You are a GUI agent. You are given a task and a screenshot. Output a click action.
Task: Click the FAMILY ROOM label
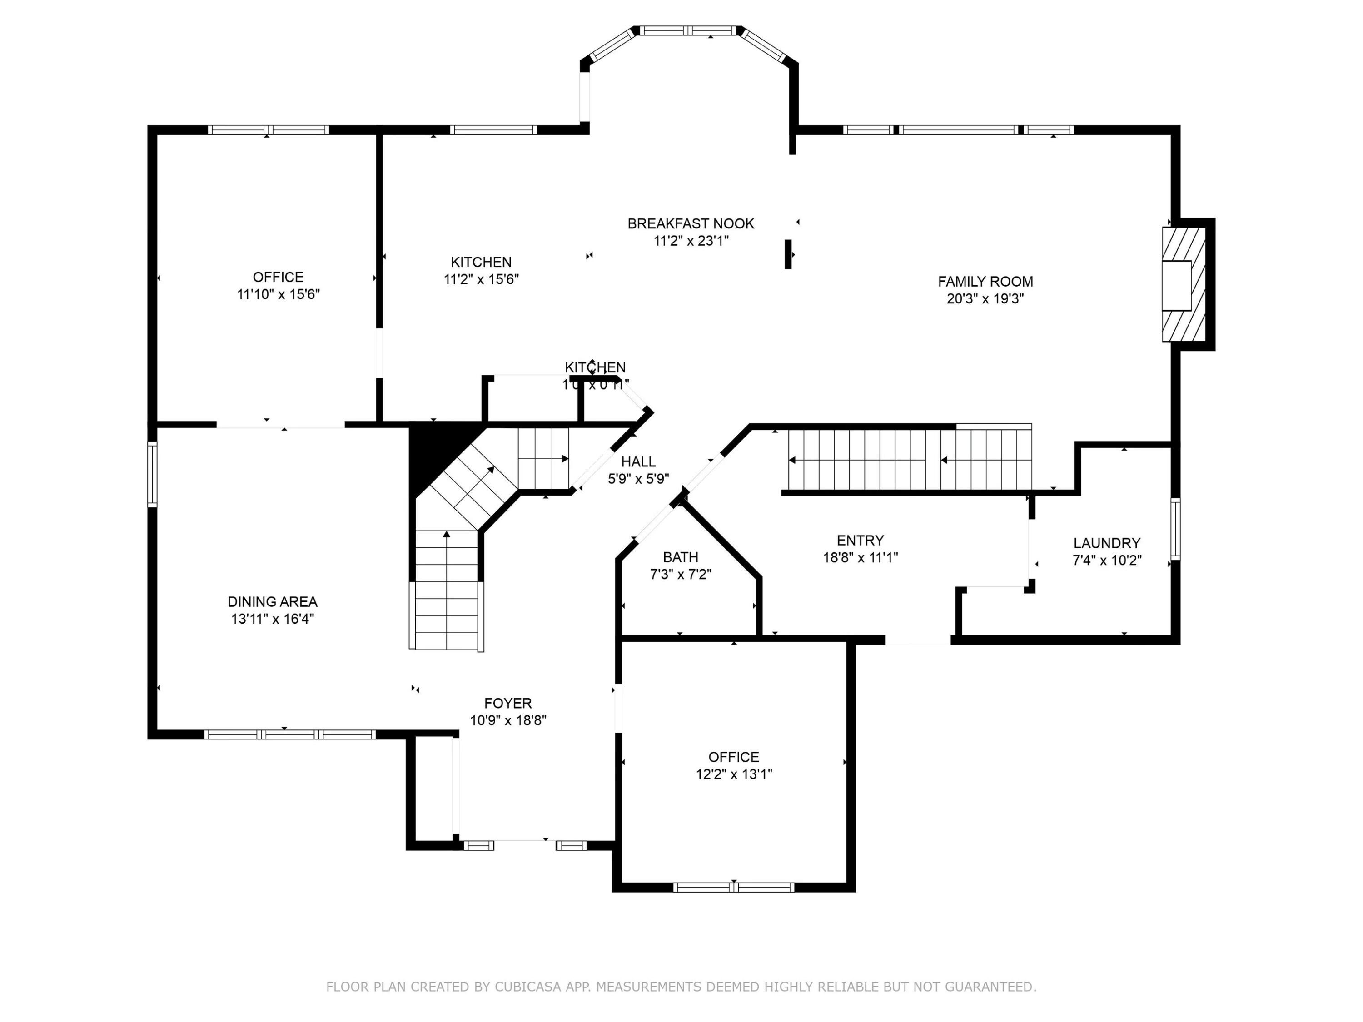point(985,282)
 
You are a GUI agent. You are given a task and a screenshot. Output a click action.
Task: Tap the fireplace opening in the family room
point(1176,285)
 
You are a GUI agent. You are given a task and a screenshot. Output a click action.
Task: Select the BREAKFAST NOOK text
point(690,223)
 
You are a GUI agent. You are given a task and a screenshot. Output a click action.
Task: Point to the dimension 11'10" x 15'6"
point(278,294)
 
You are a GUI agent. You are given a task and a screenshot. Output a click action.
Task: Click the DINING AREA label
point(272,602)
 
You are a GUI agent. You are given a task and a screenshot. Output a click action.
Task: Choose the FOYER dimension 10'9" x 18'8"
point(508,720)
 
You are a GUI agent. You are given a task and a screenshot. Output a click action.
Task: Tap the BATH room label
point(680,557)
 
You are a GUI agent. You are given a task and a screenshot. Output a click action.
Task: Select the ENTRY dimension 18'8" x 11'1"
point(860,557)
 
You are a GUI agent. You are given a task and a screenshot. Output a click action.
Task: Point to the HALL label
point(638,461)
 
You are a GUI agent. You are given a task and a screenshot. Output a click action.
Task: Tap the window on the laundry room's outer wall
point(1175,529)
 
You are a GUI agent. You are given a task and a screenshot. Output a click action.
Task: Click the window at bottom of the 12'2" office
point(733,887)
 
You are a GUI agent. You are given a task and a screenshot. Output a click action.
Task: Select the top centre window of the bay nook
point(688,30)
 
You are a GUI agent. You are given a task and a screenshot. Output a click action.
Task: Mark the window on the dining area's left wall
point(152,474)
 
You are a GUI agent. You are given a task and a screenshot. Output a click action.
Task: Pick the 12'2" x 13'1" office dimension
point(733,774)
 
